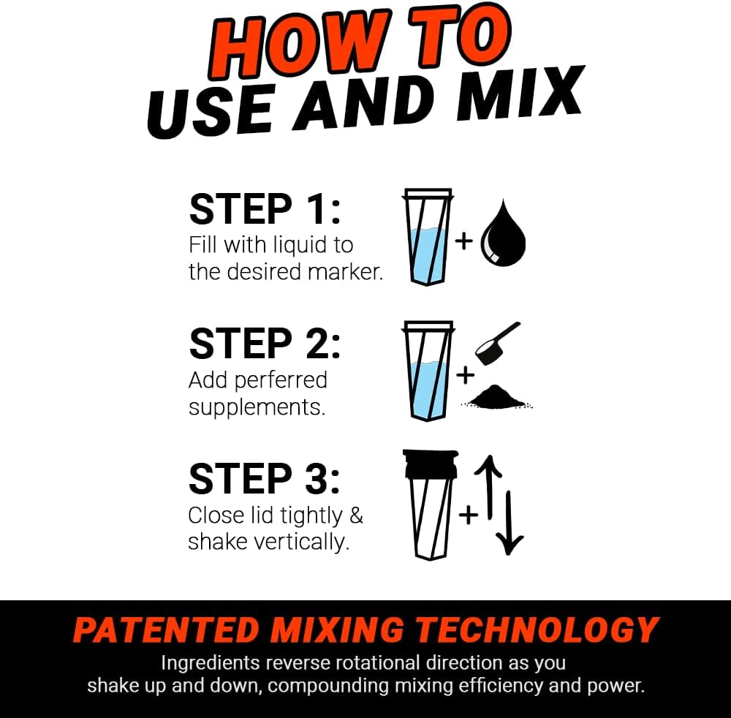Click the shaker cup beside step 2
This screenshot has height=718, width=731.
pyautogui.click(x=428, y=371)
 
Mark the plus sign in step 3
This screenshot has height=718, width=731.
pyautogui.click(x=468, y=515)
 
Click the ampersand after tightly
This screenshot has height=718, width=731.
pyautogui.click(x=355, y=515)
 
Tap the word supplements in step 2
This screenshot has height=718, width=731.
pyautogui.click(x=257, y=407)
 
